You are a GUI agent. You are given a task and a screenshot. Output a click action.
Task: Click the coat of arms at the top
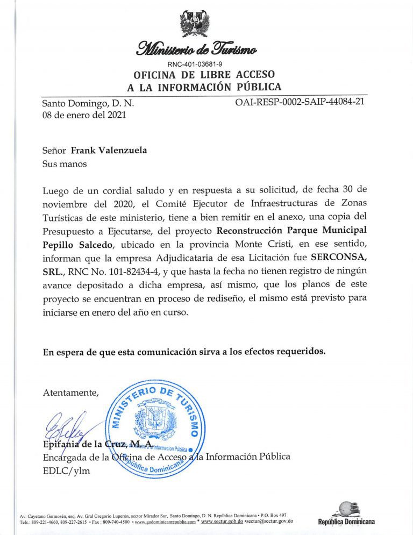[x=194, y=24]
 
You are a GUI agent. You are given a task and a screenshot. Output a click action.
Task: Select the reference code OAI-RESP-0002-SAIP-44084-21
[x=300, y=102]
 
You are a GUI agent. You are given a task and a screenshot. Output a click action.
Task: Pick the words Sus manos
[x=65, y=163]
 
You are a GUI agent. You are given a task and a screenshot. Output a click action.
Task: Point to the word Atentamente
[x=70, y=393]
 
